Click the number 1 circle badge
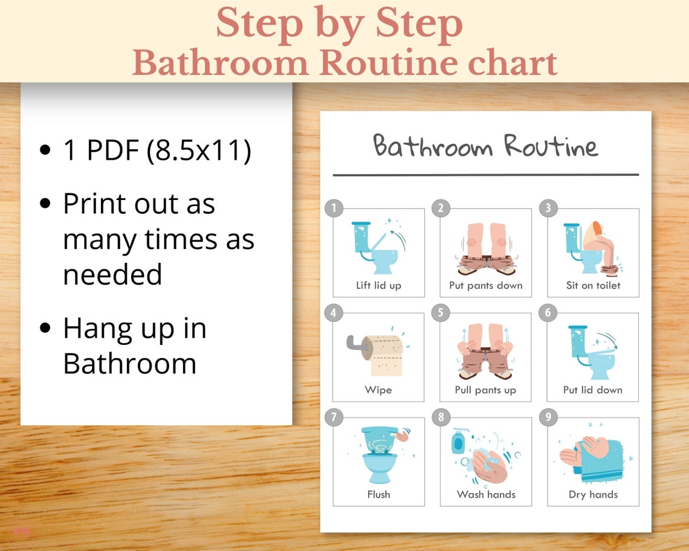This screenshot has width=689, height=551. coord(334,208)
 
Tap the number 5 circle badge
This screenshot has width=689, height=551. coord(441,312)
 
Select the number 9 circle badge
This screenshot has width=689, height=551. coord(548,417)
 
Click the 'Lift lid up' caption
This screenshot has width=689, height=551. coord(378,285)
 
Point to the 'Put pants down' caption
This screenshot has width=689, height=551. coord(485,285)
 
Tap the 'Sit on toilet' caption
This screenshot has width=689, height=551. coord(593,285)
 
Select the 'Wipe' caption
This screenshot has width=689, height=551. coord(378,390)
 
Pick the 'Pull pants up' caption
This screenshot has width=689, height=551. coord(485,390)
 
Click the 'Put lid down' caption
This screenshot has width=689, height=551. coord(592,390)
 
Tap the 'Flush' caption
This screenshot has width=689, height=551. coord(378,494)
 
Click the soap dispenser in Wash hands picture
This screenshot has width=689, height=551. coord(458,442)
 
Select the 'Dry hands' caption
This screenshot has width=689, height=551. coord(593,494)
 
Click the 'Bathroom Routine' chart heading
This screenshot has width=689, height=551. coord(485,147)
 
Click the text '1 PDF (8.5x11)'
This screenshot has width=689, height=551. coord(157,150)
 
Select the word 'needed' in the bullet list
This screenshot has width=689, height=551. coord(112,275)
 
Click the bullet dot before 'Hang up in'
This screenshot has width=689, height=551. coord(45,329)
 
